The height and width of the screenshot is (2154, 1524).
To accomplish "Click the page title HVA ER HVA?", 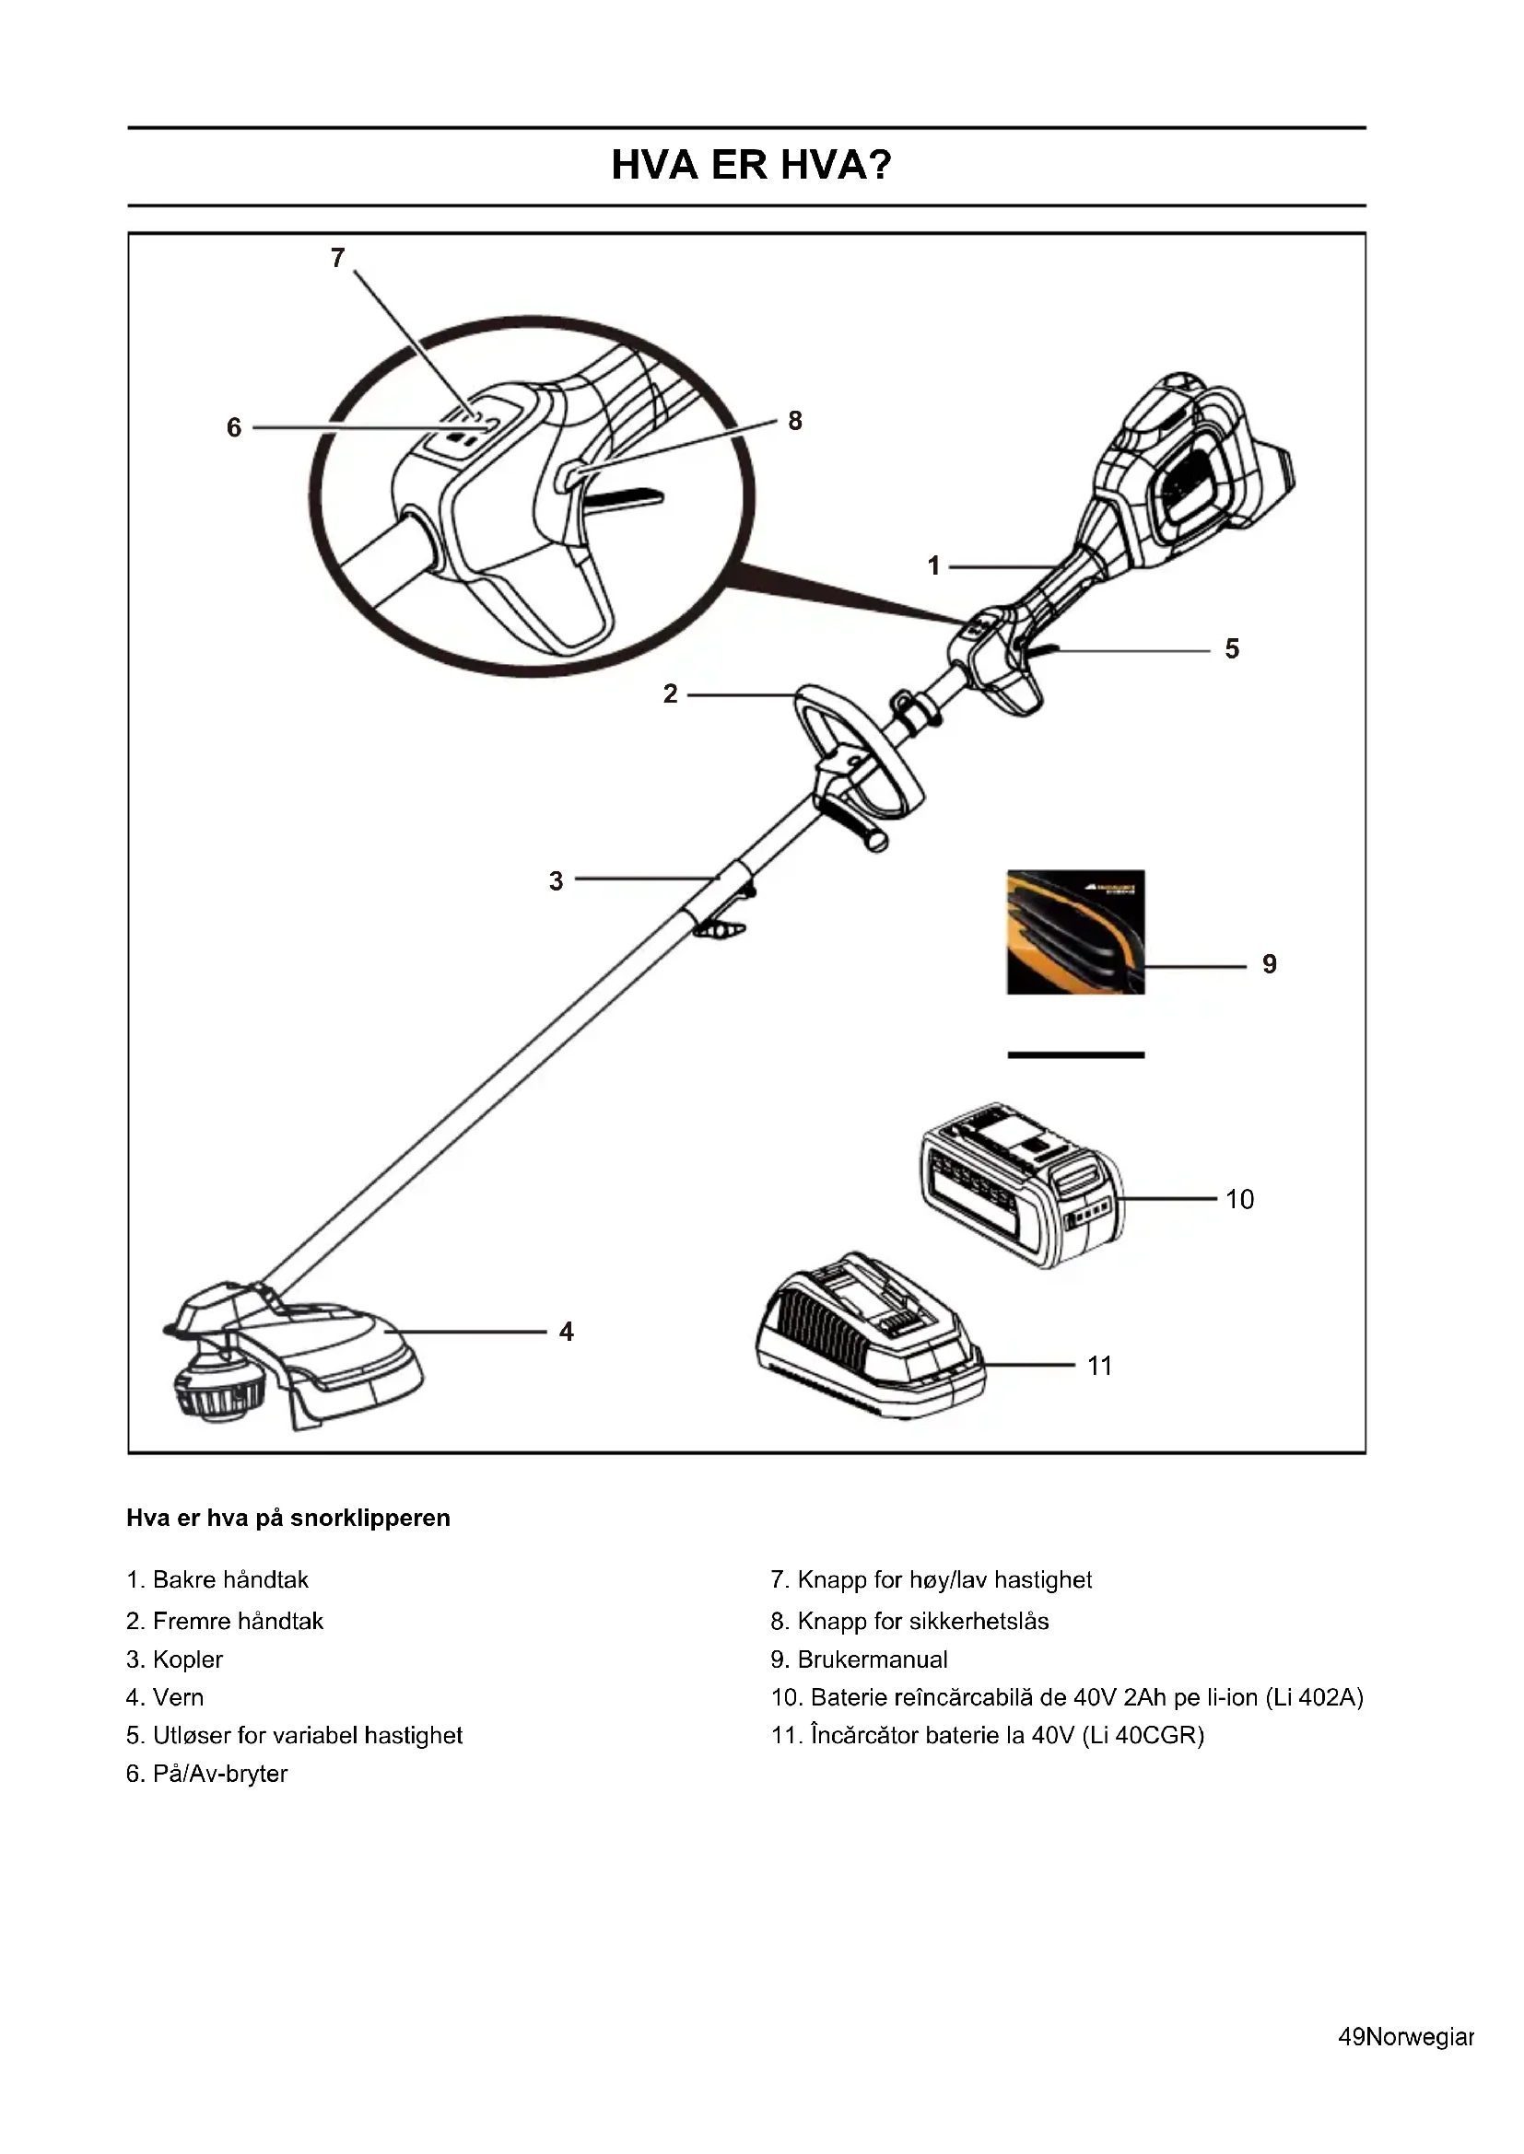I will pyautogui.click(x=751, y=165).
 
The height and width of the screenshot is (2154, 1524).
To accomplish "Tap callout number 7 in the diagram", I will pyautogui.click(x=338, y=257).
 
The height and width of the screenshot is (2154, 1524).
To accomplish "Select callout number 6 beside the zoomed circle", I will pyautogui.click(x=234, y=428).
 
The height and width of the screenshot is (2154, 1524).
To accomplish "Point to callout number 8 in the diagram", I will pyautogui.click(x=795, y=421).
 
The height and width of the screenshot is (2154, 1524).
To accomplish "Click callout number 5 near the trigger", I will pyautogui.click(x=1232, y=649).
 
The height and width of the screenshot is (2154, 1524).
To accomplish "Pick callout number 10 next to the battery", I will pyautogui.click(x=1239, y=1199).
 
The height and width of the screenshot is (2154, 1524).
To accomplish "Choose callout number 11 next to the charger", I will pyautogui.click(x=1100, y=1366).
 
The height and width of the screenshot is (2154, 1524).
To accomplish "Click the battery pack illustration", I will pyautogui.click(x=1021, y=1184).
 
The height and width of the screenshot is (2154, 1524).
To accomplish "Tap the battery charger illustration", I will pyautogui.click(x=869, y=1336).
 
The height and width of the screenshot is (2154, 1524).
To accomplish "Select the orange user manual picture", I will pyautogui.click(x=1075, y=932).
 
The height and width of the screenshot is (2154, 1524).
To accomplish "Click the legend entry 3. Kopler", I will pyautogui.click(x=174, y=1659).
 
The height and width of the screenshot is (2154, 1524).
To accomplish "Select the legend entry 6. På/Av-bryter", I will pyautogui.click(x=206, y=1774).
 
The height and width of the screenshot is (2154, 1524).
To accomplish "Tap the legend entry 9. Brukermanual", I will pyautogui.click(x=859, y=1659).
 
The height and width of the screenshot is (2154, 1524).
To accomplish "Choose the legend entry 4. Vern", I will pyautogui.click(x=164, y=1697).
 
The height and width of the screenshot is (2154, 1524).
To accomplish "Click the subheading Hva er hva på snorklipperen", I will pyautogui.click(x=288, y=1518).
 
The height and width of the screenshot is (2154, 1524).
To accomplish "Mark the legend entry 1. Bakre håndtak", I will pyautogui.click(x=217, y=1580).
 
